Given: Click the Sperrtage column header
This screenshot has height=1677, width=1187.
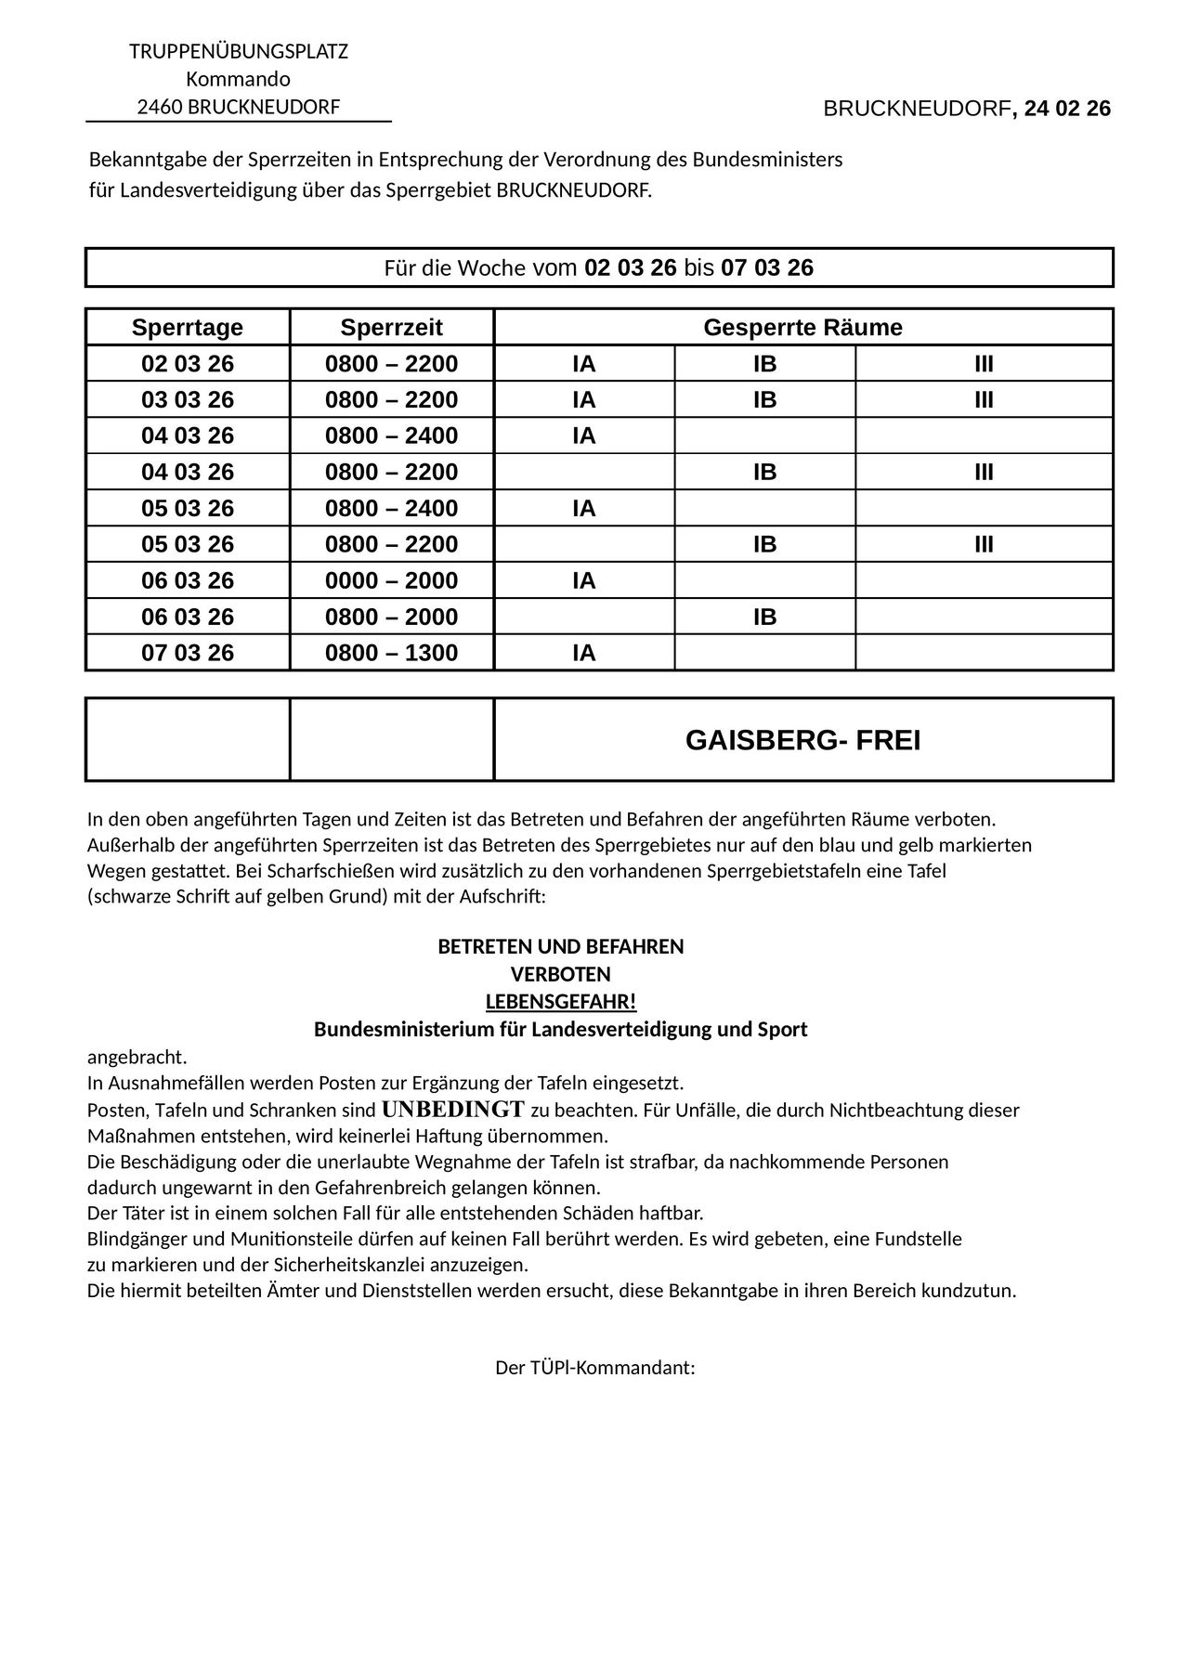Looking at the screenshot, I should tap(187, 328).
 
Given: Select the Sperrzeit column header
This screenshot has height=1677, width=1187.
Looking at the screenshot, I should tap(391, 328).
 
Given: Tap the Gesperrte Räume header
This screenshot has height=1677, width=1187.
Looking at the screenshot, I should tap(802, 328).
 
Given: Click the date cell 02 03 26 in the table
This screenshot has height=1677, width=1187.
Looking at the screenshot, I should tap(187, 364).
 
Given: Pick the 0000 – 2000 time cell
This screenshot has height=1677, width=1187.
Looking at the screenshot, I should tap(391, 581).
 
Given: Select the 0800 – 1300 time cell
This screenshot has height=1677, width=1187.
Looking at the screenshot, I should tap(391, 654).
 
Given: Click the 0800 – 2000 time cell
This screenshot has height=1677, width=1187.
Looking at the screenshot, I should tap(391, 617).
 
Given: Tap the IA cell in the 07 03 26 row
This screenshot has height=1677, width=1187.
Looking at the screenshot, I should tap(583, 654).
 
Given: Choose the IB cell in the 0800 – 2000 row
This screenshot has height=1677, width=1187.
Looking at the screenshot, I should tap(764, 617).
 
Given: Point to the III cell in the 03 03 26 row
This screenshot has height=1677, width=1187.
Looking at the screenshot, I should tap(984, 400).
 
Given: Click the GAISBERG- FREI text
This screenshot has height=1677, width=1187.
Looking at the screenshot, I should tap(802, 741).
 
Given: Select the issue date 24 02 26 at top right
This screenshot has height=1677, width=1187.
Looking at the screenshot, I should tap(1067, 110).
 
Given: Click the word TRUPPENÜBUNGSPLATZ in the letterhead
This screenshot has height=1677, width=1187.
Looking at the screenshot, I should tap(239, 52).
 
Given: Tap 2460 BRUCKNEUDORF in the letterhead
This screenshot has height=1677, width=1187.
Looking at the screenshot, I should tap(239, 108).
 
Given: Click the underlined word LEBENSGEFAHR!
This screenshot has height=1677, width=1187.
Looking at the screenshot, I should tap(560, 1003).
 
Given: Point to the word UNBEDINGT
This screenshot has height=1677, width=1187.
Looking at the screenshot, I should tap(453, 1110).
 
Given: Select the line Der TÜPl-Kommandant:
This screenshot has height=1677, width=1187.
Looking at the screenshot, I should tap(594, 1369).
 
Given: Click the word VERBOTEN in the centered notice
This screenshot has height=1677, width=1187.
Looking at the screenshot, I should tap(560, 975).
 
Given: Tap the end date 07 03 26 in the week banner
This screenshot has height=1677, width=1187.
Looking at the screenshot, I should tap(766, 268).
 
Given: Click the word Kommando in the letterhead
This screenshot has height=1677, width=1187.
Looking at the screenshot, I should tap(239, 80).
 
